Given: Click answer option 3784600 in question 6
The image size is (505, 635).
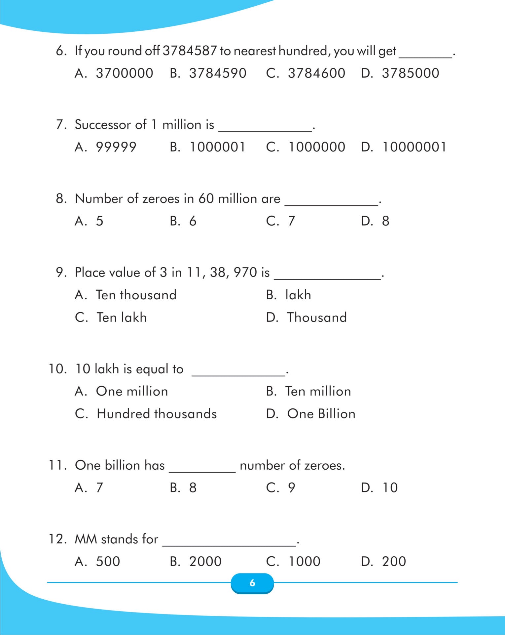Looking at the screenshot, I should click(x=316, y=73).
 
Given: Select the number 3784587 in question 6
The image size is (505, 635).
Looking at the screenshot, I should click(x=190, y=51).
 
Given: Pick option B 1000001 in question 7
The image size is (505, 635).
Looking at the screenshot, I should click(x=217, y=147).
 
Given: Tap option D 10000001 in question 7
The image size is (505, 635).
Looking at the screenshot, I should click(x=414, y=147).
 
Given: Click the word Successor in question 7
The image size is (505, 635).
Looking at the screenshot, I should click(x=103, y=125).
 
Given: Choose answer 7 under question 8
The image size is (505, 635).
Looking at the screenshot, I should click(x=291, y=221).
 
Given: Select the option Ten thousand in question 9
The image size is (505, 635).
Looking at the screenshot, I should click(x=136, y=295).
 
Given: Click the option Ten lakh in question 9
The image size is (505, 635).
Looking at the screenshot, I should click(x=122, y=317).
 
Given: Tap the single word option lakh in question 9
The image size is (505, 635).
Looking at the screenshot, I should click(x=298, y=295).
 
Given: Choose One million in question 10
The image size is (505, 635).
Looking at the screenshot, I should click(x=132, y=391).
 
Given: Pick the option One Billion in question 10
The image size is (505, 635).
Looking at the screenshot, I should click(x=321, y=414).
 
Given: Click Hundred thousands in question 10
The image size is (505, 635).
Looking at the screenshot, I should click(x=157, y=414).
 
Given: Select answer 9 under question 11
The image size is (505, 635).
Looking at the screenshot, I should click(x=291, y=487).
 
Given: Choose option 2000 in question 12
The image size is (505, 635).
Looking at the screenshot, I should click(x=205, y=561).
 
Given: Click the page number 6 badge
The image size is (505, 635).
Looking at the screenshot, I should click(x=252, y=583).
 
